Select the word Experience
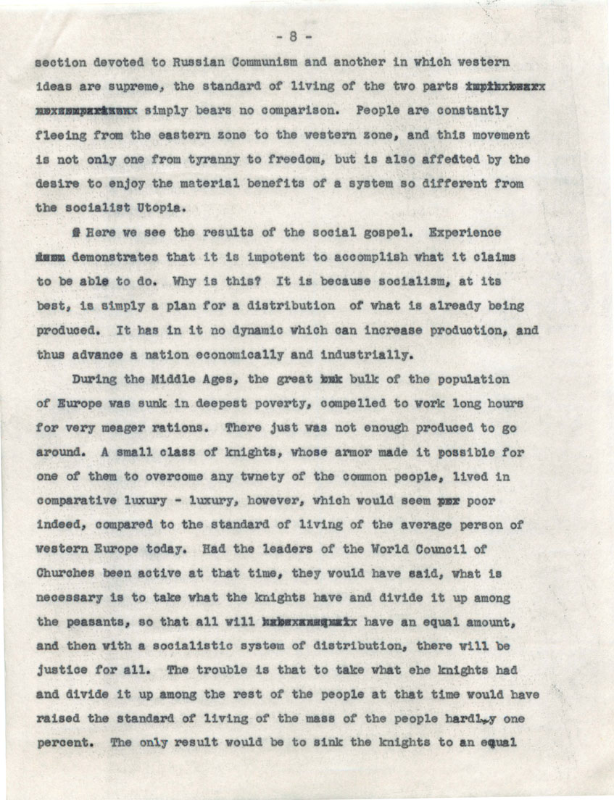[x=464, y=233]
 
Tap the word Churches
[x=67, y=574]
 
